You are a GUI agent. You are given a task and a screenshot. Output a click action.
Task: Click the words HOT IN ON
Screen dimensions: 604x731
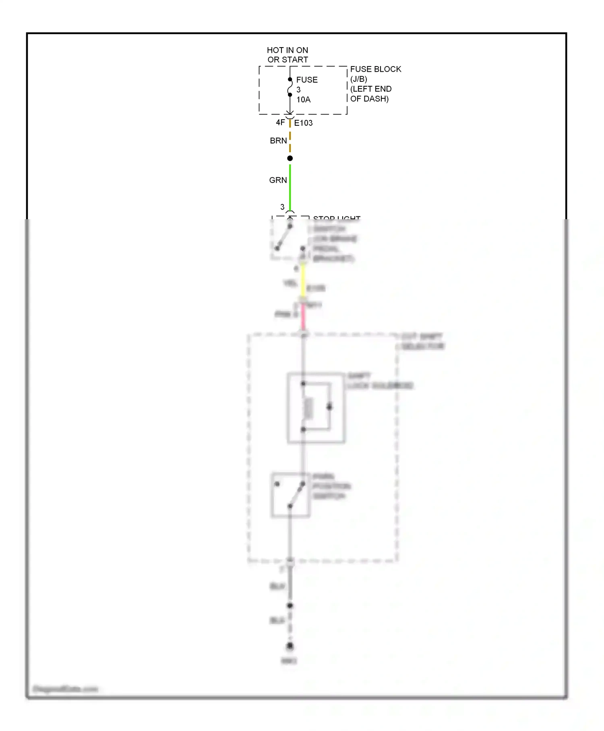pyautogui.click(x=287, y=50)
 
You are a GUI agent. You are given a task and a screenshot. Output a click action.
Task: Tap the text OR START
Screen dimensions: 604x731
pyautogui.click(x=288, y=60)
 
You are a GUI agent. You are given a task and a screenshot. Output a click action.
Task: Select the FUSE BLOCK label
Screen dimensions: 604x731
pyautogui.click(x=375, y=69)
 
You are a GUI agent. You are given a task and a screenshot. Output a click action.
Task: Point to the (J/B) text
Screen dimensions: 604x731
pyautogui.click(x=358, y=79)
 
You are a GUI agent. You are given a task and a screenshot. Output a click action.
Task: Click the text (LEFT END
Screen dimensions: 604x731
pyautogui.click(x=370, y=89)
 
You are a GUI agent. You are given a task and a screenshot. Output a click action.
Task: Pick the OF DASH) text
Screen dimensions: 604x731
pyautogui.click(x=369, y=99)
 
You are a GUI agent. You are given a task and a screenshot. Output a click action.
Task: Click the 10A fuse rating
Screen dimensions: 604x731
pyautogui.click(x=304, y=100)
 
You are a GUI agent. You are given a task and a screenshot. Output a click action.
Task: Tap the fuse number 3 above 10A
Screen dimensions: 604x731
pyautogui.click(x=298, y=90)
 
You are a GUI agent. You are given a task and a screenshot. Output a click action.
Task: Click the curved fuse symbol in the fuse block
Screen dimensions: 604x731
pyautogui.click(x=290, y=87)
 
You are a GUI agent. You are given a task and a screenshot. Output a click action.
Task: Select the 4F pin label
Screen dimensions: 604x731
pyautogui.click(x=280, y=123)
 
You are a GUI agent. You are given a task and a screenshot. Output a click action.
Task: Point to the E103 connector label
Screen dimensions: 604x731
pyautogui.click(x=303, y=123)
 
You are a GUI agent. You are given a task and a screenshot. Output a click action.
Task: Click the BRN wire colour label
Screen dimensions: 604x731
pyautogui.click(x=278, y=141)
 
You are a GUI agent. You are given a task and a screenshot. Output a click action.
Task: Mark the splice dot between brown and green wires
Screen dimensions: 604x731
pyautogui.click(x=290, y=158)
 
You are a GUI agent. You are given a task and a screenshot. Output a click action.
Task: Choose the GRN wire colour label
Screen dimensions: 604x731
pyautogui.click(x=278, y=180)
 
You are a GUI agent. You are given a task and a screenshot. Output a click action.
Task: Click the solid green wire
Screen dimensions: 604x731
pyautogui.click(x=290, y=187)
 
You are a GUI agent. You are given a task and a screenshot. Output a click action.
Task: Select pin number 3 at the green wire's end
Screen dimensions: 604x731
pyautogui.click(x=282, y=207)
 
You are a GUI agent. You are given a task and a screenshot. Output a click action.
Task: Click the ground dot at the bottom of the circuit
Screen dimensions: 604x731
pyautogui.click(x=290, y=646)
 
